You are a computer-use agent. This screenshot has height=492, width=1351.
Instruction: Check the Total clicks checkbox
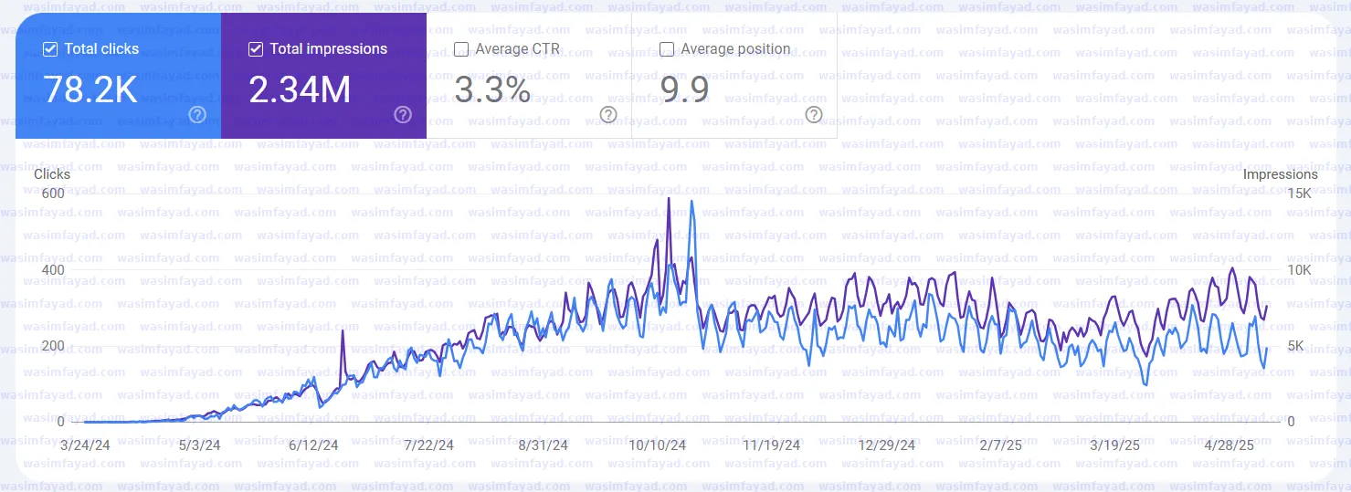click(x=50, y=49)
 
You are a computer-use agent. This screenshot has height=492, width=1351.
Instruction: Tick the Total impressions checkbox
click(x=256, y=49)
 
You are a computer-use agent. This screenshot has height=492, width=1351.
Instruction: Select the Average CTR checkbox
click(x=461, y=49)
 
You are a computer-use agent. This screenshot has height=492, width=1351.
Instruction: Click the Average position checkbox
click(x=667, y=49)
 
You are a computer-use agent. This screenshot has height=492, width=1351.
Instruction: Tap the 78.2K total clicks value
click(x=90, y=89)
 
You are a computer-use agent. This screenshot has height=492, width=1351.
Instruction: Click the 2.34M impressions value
click(x=300, y=89)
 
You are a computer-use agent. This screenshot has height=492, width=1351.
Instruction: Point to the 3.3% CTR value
click(x=492, y=89)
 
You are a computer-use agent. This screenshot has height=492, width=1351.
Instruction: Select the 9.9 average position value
click(x=684, y=89)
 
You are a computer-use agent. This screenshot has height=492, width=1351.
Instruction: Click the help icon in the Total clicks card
click(x=196, y=114)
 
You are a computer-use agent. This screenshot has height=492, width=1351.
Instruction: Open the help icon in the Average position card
click(x=814, y=114)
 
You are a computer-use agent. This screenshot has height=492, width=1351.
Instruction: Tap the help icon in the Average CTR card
click(x=608, y=114)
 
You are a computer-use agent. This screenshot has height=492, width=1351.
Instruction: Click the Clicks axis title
click(x=52, y=173)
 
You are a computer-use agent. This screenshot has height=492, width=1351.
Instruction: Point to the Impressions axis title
click(x=1281, y=174)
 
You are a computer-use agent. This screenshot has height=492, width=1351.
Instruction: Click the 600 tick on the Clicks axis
click(x=53, y=194)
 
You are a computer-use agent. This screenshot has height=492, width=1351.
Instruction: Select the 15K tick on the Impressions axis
click(x=1299, y=194)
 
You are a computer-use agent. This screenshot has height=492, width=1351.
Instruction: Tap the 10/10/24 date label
click(x=658, y=445)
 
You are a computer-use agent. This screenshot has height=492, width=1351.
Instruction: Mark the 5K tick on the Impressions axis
click(x=1297, y=346)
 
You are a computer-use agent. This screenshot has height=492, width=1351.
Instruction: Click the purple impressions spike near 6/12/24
click(x=343, y=334)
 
